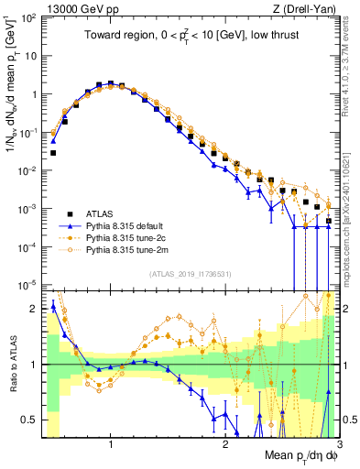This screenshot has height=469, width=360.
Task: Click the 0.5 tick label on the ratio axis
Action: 31,420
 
